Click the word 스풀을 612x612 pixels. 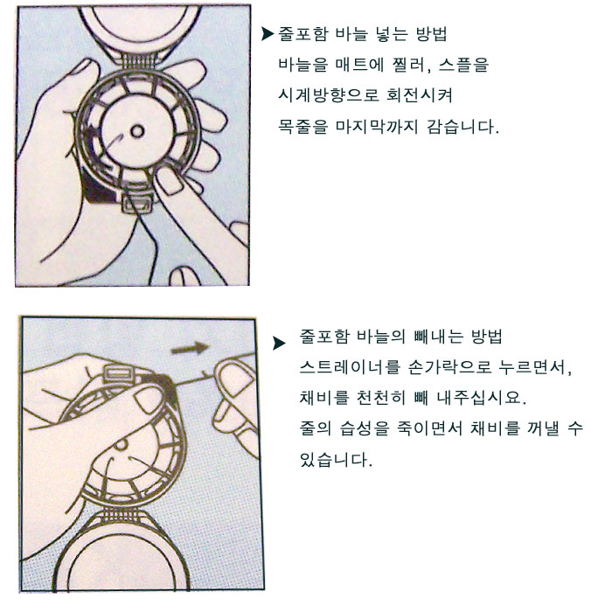463,65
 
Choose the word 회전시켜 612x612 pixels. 420,95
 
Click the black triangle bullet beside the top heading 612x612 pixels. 268,34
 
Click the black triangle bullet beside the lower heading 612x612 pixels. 279,343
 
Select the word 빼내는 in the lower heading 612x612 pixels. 438,337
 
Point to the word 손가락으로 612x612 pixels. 449,367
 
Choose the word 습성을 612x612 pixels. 365,428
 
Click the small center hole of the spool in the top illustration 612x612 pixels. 137,131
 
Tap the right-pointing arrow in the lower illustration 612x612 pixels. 190,348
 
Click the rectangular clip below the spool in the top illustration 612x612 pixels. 137,204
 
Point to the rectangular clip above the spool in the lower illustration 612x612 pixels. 118,373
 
